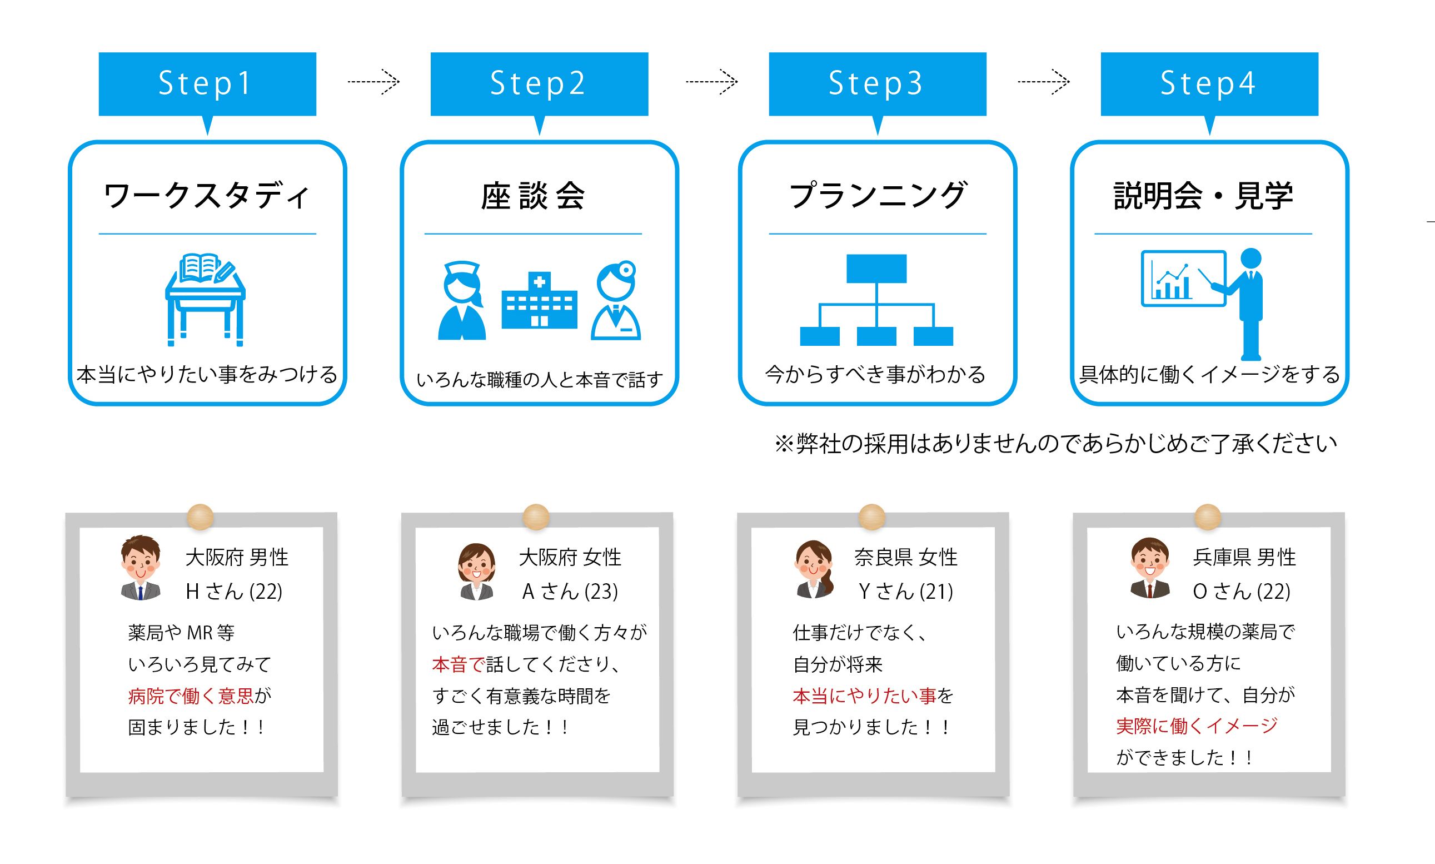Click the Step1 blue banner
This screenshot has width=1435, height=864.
[207, 85]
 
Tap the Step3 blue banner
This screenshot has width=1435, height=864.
[877, 85]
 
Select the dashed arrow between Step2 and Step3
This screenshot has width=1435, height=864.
[712, 82]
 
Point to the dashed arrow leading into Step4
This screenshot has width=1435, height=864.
[1043, 82]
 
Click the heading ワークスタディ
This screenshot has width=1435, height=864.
[207, 196]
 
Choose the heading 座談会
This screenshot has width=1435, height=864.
[532, 196]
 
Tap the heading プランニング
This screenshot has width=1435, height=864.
[878, 196]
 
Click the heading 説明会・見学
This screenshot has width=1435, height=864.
[1203, 196]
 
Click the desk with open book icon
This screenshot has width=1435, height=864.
[206, 299]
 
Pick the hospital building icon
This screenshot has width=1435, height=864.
[539, 300]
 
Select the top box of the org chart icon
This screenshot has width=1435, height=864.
[876, 269]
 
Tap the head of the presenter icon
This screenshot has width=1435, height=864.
[1250, 258]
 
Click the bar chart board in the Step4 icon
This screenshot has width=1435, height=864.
[1184, 279]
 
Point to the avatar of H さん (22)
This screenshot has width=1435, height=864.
[141, 568]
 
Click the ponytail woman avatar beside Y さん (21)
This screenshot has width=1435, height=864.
[814, 569]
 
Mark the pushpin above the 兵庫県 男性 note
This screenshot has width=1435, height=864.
[1208, 517]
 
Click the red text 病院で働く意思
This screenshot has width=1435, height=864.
[191, 696]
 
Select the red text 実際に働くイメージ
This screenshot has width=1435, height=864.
[1197, 726]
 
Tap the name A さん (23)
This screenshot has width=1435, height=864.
[570, 592]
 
